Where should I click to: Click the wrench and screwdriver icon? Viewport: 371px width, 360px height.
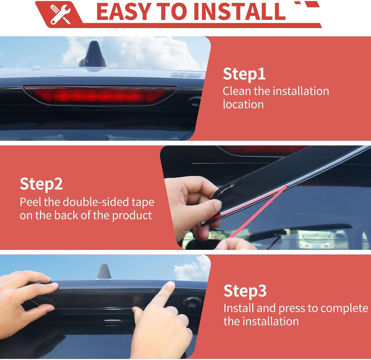[x=61, y=14]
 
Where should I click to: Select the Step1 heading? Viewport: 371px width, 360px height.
[x=244, y=74]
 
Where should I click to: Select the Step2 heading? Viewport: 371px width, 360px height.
[x=41, y=184]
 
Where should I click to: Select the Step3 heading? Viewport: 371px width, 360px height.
[x=245, y=291]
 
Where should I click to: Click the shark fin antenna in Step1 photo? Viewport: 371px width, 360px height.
[x=94, y=54]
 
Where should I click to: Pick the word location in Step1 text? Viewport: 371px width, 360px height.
[x=243, y=104]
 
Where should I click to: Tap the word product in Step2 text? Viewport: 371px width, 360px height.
[x=132, y=216]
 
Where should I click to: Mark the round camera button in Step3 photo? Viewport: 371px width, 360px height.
[x=192, y=301]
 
